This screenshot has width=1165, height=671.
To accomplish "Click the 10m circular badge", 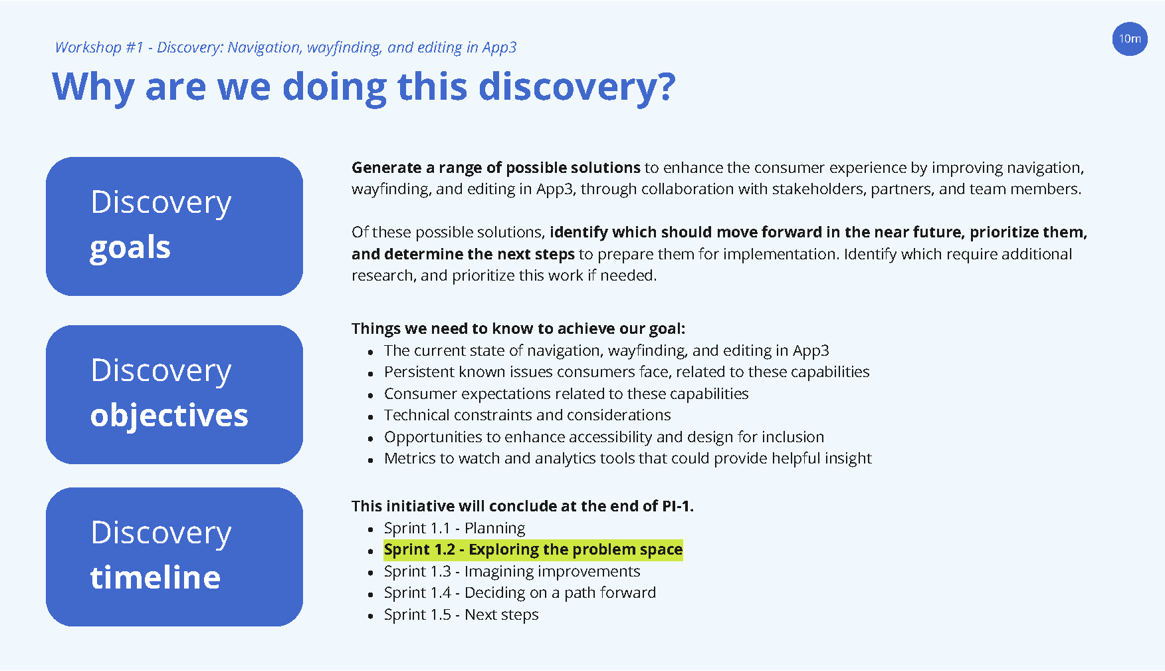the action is pyautogui.click(x=1130, y=39).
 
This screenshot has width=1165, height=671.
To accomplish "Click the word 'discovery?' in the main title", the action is pyautogui.click(x=577, y=87).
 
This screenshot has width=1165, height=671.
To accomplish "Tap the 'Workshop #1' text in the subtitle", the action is pyautogui.click(x=99, y=47).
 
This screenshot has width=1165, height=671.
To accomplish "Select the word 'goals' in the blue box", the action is pyautogui.click(x=130, y=247).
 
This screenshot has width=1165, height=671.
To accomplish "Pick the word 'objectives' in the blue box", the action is pyautogui.click(x=169, y=415).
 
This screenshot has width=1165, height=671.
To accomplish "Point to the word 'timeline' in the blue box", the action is pyautogui.click(x=156, y=577).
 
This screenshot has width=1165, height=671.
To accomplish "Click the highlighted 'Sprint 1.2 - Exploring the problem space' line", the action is pyautogui.click(x=533, y=549).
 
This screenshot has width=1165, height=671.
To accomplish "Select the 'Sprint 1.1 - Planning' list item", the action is pyautogui.click(x=455, y=528).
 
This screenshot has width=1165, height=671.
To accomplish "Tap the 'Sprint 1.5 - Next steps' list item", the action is pyautogui.click(x=461, y=614).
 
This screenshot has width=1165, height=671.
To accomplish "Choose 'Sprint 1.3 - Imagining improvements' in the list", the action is pyautogui.click(x=512, y=571).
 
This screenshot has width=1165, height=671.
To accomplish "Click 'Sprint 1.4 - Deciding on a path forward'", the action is pyautogui.click(x=520, y=593).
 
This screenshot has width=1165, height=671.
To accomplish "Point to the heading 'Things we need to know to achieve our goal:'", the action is pyautogui.click(x=518, y=329).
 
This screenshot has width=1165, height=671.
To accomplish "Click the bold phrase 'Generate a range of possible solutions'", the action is pyautogui.click(x=496, y=168).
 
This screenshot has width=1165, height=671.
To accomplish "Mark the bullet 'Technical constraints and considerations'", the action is pyautogui.click(x=528, y=415).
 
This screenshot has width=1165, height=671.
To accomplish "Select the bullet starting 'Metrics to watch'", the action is pyautogui.click(x=628, y=458).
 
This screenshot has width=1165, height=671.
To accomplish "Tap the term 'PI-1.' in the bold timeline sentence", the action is pyautogui.click(x=678, y=506).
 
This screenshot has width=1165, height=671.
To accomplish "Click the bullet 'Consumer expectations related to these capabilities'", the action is pyautogui.click(x=566, y=394).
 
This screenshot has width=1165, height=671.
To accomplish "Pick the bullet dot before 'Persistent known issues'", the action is pyautogui.click(x=371, y=374).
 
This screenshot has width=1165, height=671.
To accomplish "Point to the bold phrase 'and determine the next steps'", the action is pyautogui.click(x=463, y=254).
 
